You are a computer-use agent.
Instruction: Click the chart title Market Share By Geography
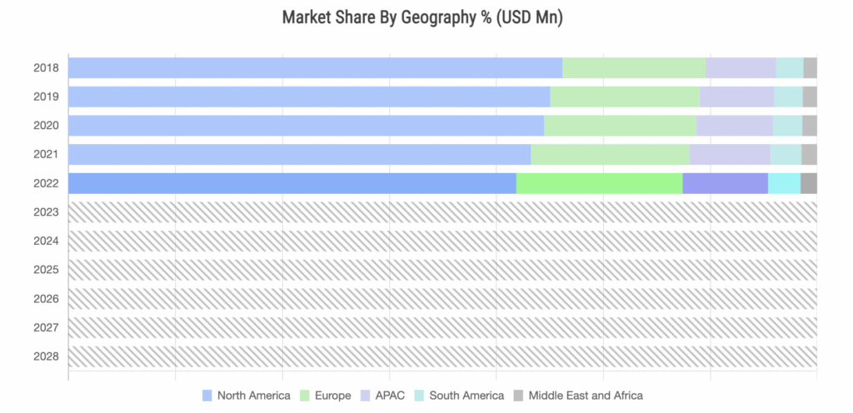tap(422, 17)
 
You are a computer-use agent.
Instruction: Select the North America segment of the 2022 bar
tap(292, 183)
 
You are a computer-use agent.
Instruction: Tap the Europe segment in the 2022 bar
tap(599, 183)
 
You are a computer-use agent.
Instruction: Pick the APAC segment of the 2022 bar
tap(725, 183)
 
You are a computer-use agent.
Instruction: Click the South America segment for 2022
tap(784, 183)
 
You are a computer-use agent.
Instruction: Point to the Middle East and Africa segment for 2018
tap(810, 67)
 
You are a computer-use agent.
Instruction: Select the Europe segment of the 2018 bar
tap(634, 67)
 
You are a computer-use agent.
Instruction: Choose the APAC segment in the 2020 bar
tap(734, 126)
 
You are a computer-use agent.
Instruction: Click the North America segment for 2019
tap(308, 97)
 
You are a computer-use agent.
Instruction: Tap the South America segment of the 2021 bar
tap(786, 154)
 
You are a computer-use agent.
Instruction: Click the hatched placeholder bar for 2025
tap(441, 270)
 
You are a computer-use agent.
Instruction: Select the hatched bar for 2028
tap(441, 356)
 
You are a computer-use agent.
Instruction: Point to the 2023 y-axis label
tap(47, 212)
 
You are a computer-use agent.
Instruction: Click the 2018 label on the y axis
tap(47, 67)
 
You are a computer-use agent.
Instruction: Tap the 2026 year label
tap(47, 299)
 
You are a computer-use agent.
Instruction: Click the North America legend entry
tap(247, 396)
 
